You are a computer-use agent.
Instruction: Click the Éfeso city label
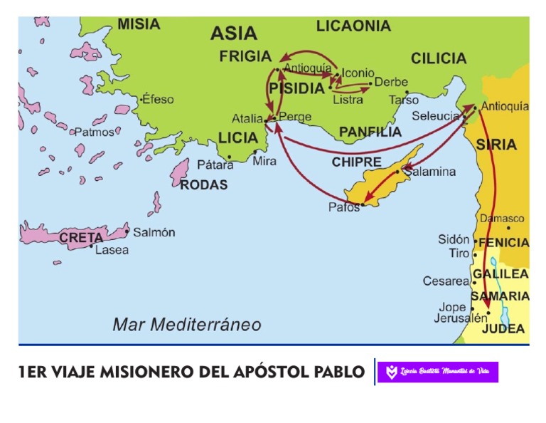pyautogui.click(x=157, y=100)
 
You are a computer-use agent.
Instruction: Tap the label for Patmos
pyautogui.click(x=94, y=132)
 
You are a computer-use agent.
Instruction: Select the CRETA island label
pyautogui.click(x=81, y=238)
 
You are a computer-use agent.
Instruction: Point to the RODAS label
pyautogui.click(x=203, y=184)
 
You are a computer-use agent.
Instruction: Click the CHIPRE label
pyautogui.click(x=356, y=162)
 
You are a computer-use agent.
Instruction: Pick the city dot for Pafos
pyautogui.click(x=363, y=205)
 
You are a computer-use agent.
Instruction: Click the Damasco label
pyautogui.click(x=502, y=219)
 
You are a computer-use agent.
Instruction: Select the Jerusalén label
pyautogui.click(x=461, y=318)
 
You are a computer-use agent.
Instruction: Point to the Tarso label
pyautogui.click(x=404, y=100)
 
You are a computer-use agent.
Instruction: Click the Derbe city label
pyautogui.click(x=391, y=82)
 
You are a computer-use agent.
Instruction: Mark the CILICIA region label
pyautogui.click(x=438, y=58)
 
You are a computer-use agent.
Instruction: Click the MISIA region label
pyautogui.click(x=139, y=24)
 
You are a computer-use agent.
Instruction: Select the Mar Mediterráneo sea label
pyautogui.click(x=187, y=325)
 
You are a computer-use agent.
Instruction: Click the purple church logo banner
pyautogui.click(x=437, y=372)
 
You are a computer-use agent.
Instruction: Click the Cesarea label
pyautogui.click(x=446, y=281)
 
